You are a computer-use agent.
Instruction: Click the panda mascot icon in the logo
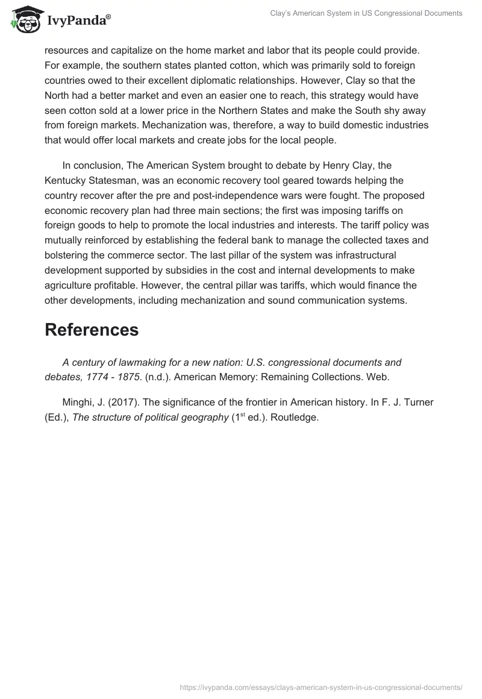tap(23, 20)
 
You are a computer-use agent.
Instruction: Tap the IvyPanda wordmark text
tap(78, 21)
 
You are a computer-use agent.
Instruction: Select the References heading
tap(92, 330)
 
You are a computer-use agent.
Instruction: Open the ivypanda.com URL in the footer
tap(321, 686)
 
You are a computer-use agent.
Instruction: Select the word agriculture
tap(72, 285)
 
